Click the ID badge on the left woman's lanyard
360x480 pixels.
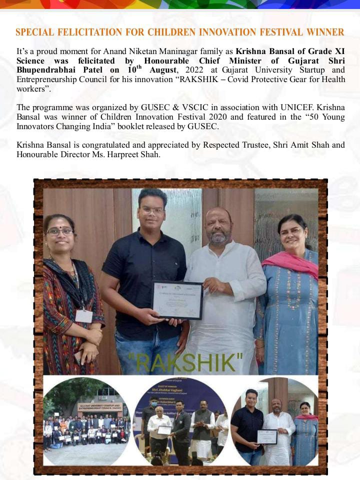click(x=83, y=316)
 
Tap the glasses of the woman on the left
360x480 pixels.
click(x=59, y=231)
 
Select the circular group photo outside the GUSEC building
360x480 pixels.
click(x=86, y=421)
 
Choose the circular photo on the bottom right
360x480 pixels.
click(x=275, y=421)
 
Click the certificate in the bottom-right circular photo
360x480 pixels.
click(x=267, y=436)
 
